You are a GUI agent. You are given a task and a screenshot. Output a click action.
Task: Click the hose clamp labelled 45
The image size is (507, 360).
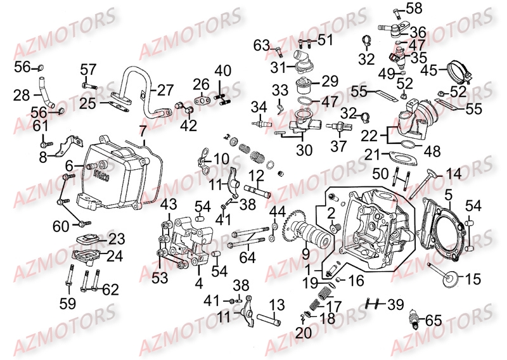coord(459,72)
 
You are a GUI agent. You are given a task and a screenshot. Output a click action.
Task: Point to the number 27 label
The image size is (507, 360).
coord(165,91)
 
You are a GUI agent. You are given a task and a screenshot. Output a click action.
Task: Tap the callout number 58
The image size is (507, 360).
coord(414,8)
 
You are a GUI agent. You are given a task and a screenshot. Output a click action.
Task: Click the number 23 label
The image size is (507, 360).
coord(117,240)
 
